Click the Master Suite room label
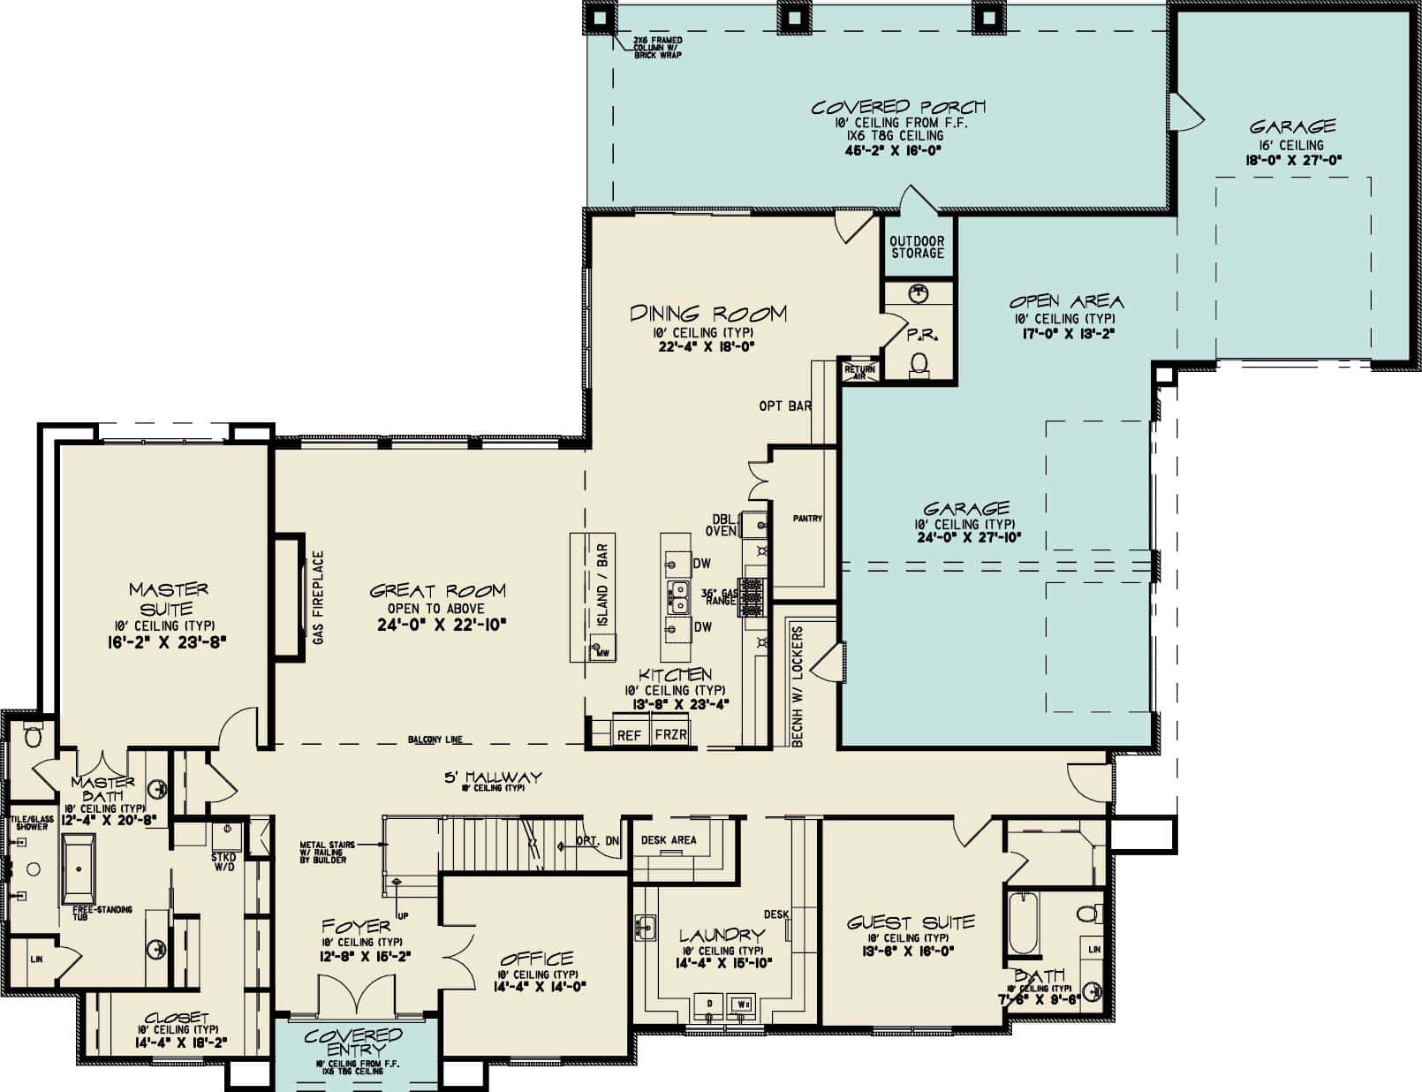tap(169, 599)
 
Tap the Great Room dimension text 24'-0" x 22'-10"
tap(438, 625)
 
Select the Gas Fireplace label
tap(319, 597)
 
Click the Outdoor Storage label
tap(917, 247)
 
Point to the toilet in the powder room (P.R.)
tap(919, 362)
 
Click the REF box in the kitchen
tap(629, 735)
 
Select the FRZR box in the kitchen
tap(670, 735)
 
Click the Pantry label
tap(807, 519)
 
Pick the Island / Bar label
tap(603, 585)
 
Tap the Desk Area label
tap(669, 840)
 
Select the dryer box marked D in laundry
tap(709, 1005)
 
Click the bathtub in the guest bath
tap(1022, 922)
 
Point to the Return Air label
tap(859, 372)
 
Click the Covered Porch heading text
tap(898, 107)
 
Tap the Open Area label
tap(1068, 301)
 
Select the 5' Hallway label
tap(493, 777)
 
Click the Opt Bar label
tap(785, 406)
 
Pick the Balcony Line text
tap(435, 740)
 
